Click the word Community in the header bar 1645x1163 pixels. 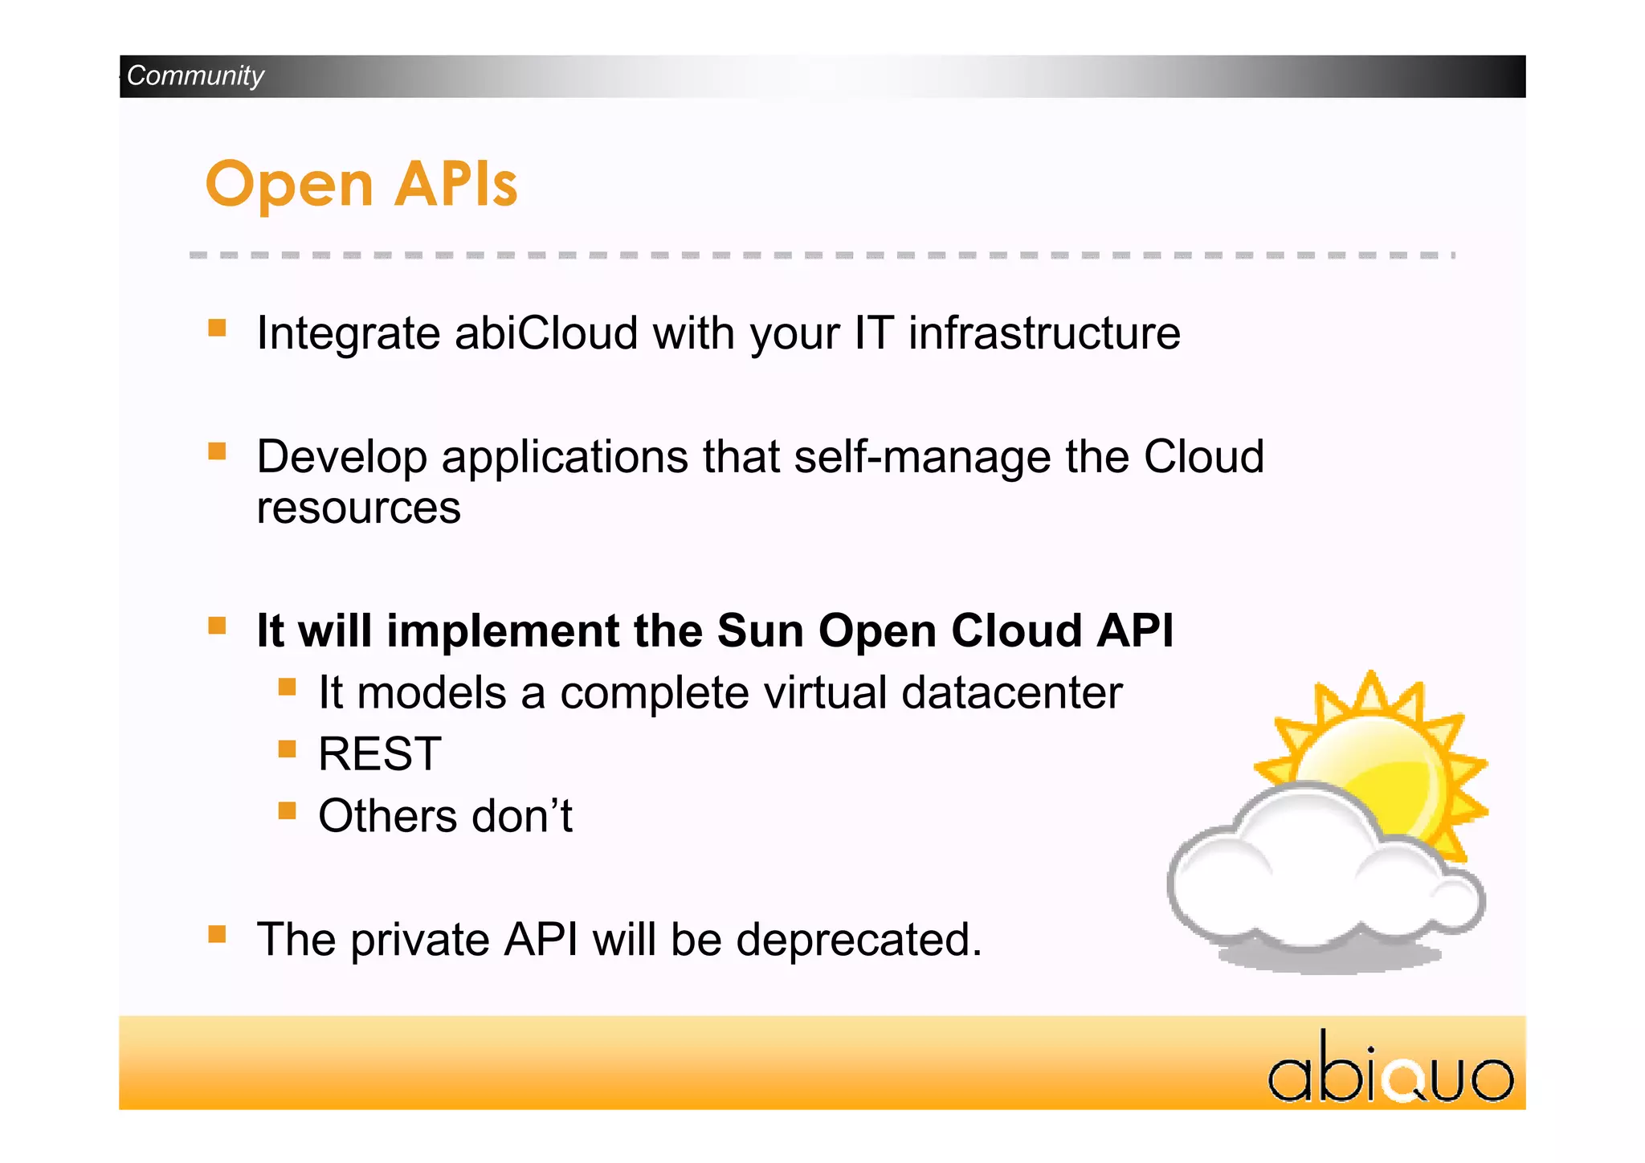pyautogui.click(x=195, y=75)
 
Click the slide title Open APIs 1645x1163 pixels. pyautogui.click(x=361, y=184)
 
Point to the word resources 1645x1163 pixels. pyautogui.click(x=358, y=508)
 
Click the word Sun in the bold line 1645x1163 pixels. pyautogui.click(x=760, y=630)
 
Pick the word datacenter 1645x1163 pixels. pyautogui.click(x=1011, y=692)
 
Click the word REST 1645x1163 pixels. pyautogui.click(x=379, y=754)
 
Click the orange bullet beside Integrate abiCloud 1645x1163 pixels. pyautogui.click(x=217, y=328)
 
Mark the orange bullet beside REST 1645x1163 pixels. pyautogui.click(x=288, y=749)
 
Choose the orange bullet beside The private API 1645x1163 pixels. pyautogui.click(x=217, y=934)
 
